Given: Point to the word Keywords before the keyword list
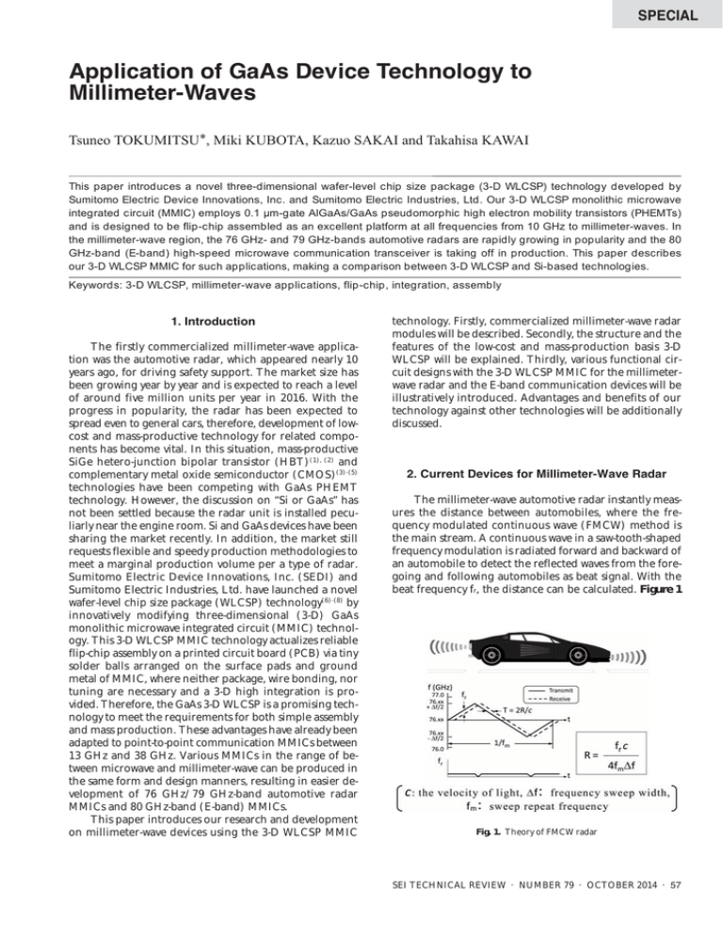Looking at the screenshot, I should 80,283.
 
